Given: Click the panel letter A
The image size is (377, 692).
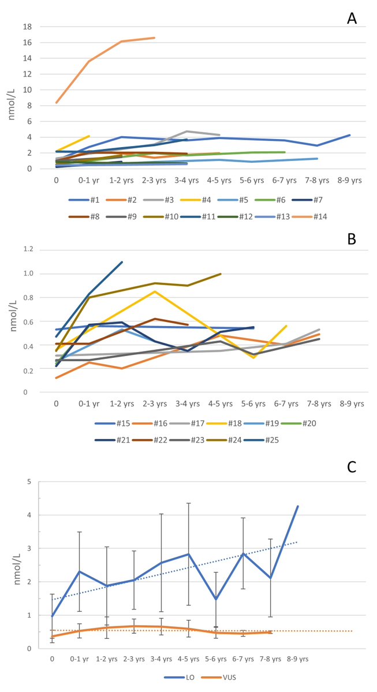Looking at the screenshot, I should point(352,18).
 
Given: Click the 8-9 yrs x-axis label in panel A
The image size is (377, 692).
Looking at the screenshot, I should point(349,180).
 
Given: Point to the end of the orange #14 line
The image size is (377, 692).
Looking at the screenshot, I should point(154,38).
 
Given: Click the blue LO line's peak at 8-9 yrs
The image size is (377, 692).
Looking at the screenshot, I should point(297,506).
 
